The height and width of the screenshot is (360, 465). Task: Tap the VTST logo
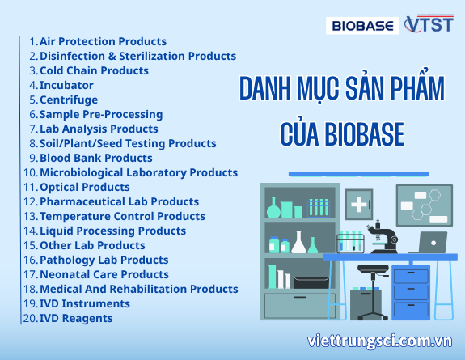tap(429, 25)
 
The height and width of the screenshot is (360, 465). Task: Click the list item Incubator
tap(66, 85)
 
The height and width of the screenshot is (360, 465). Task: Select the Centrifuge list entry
tap(69, 100)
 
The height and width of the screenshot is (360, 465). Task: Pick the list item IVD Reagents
tap(76, 318)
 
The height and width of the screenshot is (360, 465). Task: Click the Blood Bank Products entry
tap(95, 158)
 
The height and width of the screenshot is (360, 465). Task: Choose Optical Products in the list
tap(84, 187)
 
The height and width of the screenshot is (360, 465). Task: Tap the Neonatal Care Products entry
tap(104, 274)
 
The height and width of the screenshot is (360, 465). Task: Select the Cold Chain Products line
tap(94, 70)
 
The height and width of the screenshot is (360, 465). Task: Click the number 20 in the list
tap(29, 318)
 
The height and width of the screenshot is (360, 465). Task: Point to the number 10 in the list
tap(29, 172)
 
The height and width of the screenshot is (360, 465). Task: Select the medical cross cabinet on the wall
tap(358, 201)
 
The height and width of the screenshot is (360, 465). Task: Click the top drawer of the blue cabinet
tap(411, 274)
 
